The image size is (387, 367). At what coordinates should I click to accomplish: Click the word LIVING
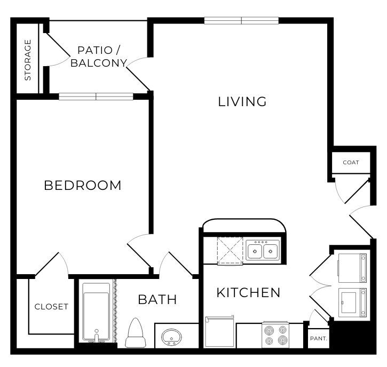point(242,101)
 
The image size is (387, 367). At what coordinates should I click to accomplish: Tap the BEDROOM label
point(83,185)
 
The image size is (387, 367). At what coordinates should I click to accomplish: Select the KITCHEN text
point(248,292)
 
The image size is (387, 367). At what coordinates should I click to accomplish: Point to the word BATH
point(157,299)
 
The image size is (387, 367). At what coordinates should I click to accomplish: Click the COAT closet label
point(351,163)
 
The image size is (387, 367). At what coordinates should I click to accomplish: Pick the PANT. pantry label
point(318,338)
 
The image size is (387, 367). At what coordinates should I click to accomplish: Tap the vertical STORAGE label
point(28,60)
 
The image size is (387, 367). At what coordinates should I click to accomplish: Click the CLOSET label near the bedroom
point(51,307)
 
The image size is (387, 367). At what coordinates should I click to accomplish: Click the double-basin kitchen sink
point(263,250)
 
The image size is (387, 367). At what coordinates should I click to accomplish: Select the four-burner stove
point(275,335)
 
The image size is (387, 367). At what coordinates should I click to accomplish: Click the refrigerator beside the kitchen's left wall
point(219,331)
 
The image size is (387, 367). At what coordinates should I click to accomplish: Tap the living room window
point(241,21)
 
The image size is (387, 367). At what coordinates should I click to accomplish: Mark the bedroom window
point(96,97)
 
